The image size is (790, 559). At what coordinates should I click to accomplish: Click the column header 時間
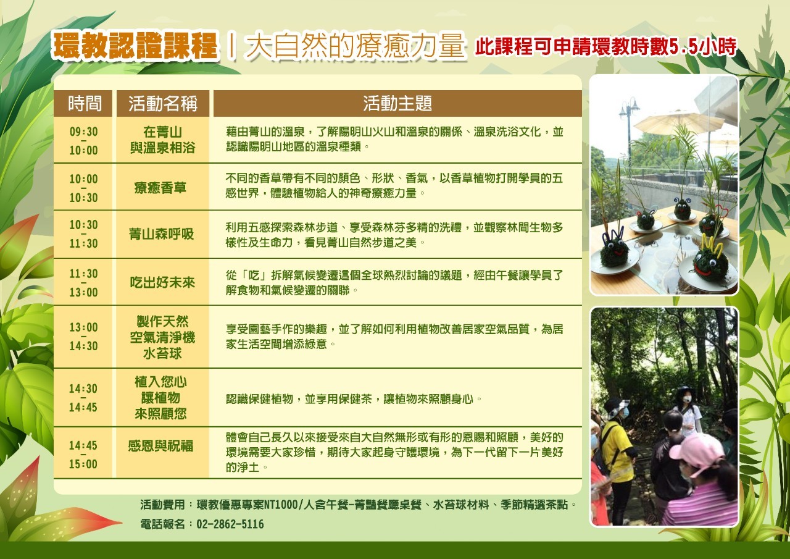click(x=85, y=103)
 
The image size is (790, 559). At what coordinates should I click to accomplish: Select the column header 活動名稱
click(x=162, y=103)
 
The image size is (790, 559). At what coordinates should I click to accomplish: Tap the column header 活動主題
click(x=397, y=103)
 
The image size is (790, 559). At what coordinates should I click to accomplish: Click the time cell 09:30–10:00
click(x=83, y=141)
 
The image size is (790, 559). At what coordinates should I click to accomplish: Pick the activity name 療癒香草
click(x=160, y=187)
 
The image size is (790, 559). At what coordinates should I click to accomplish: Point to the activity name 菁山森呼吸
click(x=161, y=233)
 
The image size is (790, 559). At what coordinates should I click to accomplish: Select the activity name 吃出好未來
click(x=162, y=282)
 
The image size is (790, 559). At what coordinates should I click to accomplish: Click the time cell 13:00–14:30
click(x=83, y=336)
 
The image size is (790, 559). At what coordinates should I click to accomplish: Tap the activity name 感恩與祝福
click(x=160, y=446)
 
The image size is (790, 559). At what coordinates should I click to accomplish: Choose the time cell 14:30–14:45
click(x=83, y=398)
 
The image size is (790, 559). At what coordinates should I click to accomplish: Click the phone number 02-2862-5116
click(x=230, y=524)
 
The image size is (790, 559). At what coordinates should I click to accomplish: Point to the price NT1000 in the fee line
click(x=281, y=505)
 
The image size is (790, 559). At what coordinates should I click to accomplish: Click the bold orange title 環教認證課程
click(x=135, y=45)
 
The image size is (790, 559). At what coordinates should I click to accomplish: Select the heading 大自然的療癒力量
click(x=355, y=45)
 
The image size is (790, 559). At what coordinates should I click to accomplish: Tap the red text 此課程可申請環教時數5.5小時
click(x=605, y=46)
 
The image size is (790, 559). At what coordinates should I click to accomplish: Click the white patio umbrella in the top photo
click(x=678, y=121)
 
